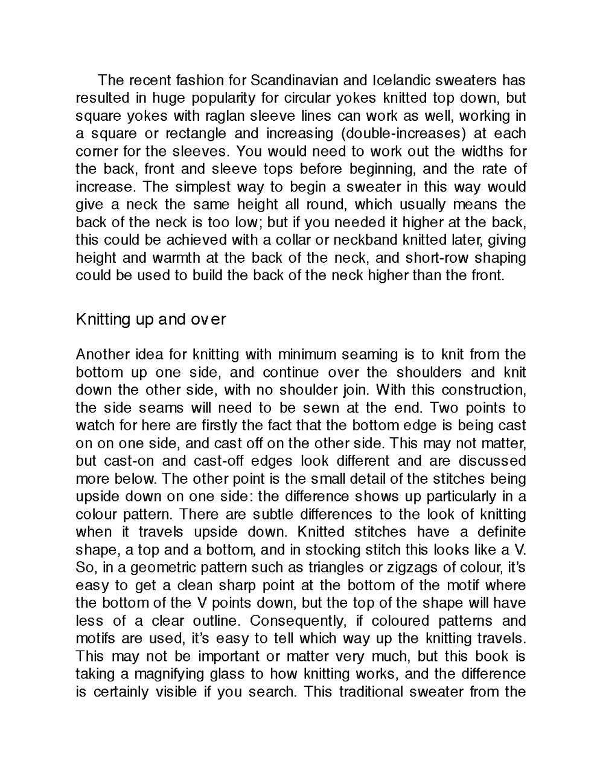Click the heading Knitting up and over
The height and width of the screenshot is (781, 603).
[151, 319]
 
